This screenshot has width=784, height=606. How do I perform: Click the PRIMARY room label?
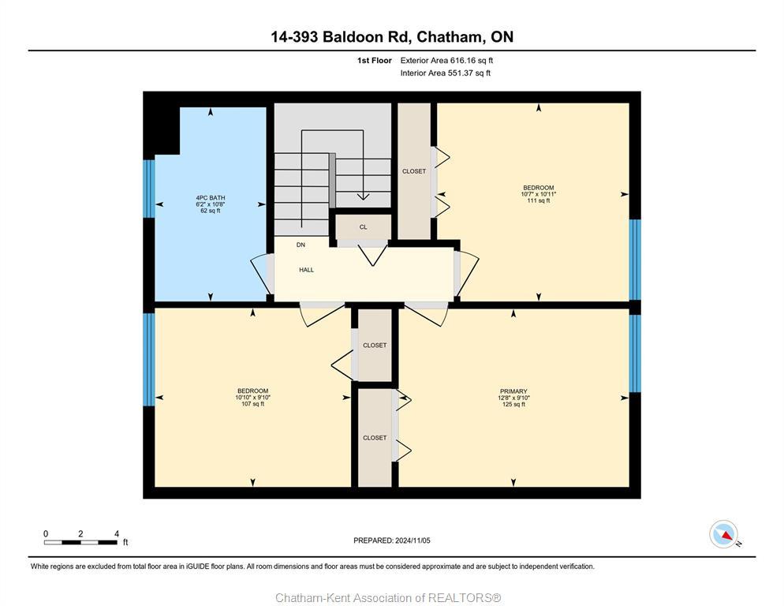point(513,391)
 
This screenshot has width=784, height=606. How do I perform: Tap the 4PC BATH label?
point(210,197)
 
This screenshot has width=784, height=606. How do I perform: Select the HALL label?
point(306,270)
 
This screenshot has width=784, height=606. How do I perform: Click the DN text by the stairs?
point(301,245)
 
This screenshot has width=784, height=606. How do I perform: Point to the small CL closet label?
point(363,227)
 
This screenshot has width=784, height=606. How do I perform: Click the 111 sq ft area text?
point(538,200)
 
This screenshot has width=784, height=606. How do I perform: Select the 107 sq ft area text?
point(252,404)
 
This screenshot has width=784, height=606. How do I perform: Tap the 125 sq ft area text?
point(513,404)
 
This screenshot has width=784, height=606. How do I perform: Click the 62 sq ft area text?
point(210,211)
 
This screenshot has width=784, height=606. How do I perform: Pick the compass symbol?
point(723,534)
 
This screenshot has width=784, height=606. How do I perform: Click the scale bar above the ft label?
point(81,542)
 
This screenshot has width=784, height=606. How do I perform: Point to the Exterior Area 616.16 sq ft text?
point(446,60)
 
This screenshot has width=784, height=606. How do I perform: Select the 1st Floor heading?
point(374,60)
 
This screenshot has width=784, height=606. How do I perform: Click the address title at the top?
point(391,37)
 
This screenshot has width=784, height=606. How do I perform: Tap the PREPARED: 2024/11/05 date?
point(392,541)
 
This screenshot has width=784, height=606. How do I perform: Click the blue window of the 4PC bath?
point(148,189)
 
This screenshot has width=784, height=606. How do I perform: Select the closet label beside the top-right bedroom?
point(413,171)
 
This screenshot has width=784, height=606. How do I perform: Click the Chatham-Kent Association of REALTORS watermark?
point(388,597)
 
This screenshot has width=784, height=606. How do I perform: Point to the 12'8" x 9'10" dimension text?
point(513,398)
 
